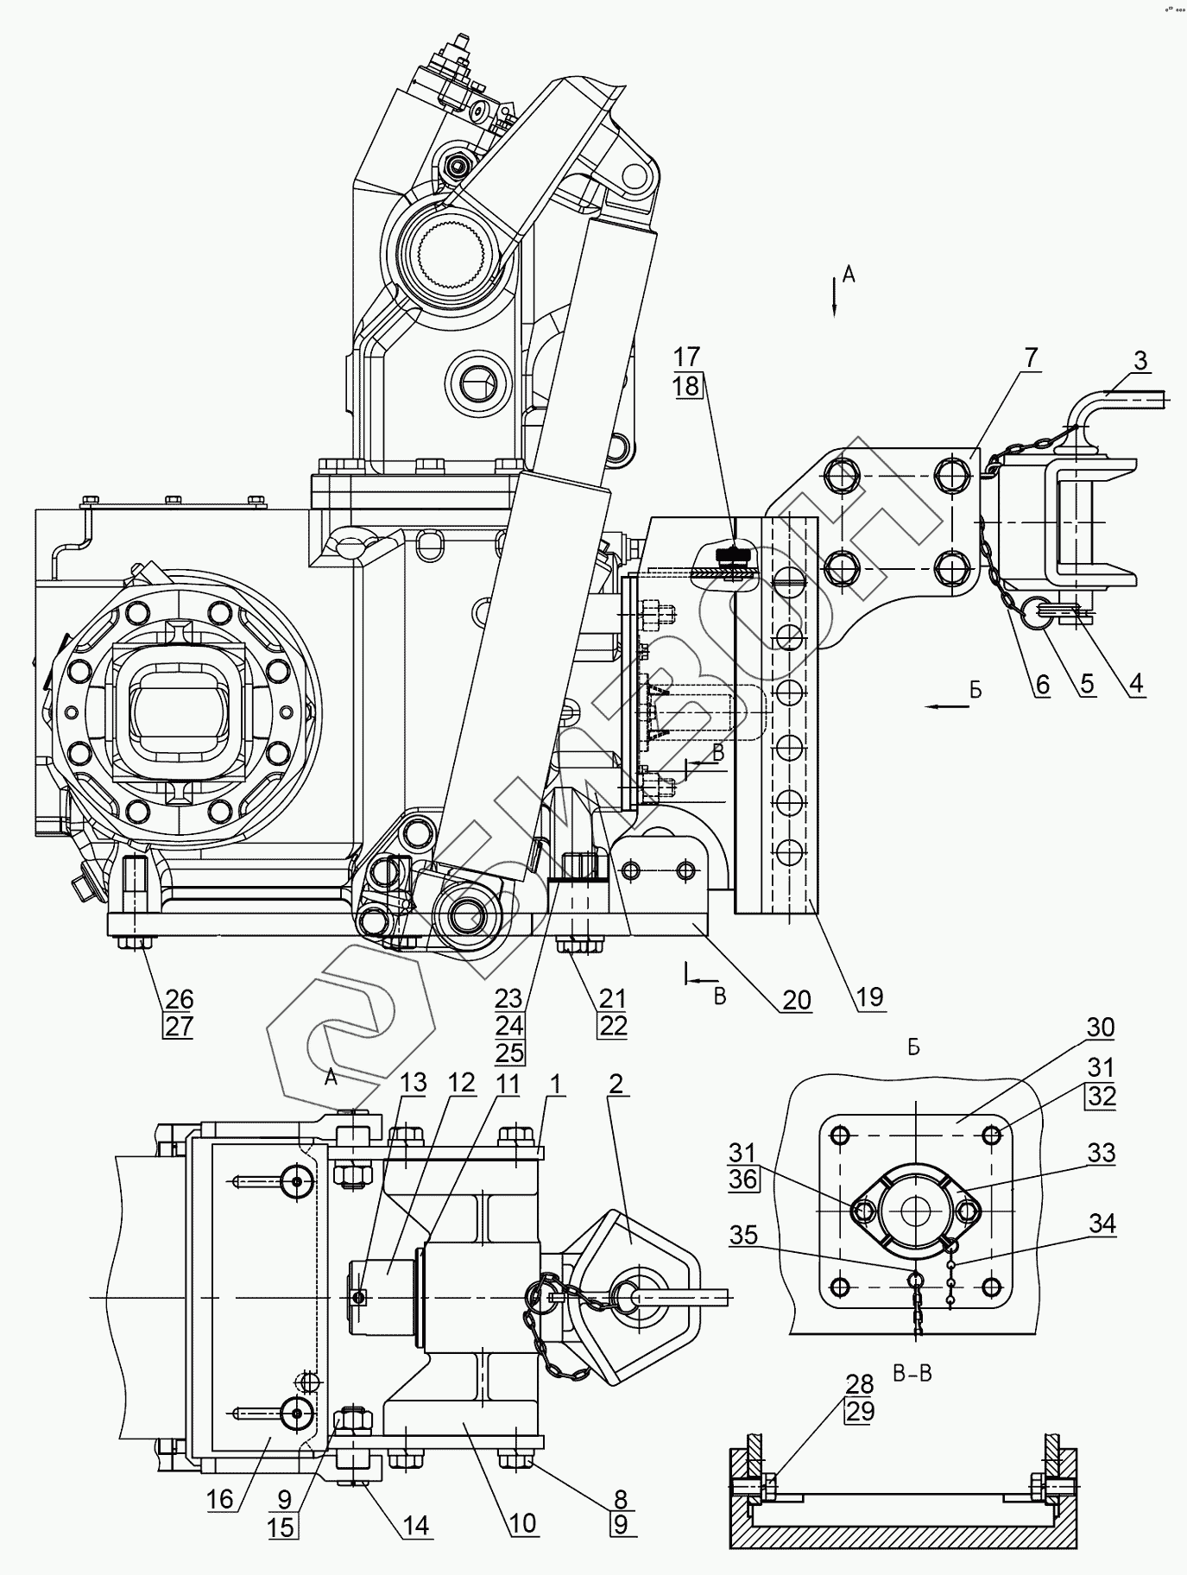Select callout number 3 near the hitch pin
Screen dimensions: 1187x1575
point(1140,360)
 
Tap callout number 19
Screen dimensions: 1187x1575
point(870,997)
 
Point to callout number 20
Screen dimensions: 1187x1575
point(796,1000)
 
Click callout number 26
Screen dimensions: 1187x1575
point(179,999)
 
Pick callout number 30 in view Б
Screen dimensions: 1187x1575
point(1101,1028)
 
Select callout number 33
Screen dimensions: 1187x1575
point(1101,1153)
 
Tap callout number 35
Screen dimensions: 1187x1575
point(743,1236)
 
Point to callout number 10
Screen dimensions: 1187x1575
point(522,1522)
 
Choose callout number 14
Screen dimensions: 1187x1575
point(414,1526)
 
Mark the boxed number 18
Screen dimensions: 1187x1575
point(686,385)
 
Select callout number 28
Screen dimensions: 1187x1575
point(859,1384)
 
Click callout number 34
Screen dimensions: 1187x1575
point(1101,1224)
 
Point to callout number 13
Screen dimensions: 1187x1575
point(414,1082)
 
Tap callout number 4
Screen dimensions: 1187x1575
point(1135,684)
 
